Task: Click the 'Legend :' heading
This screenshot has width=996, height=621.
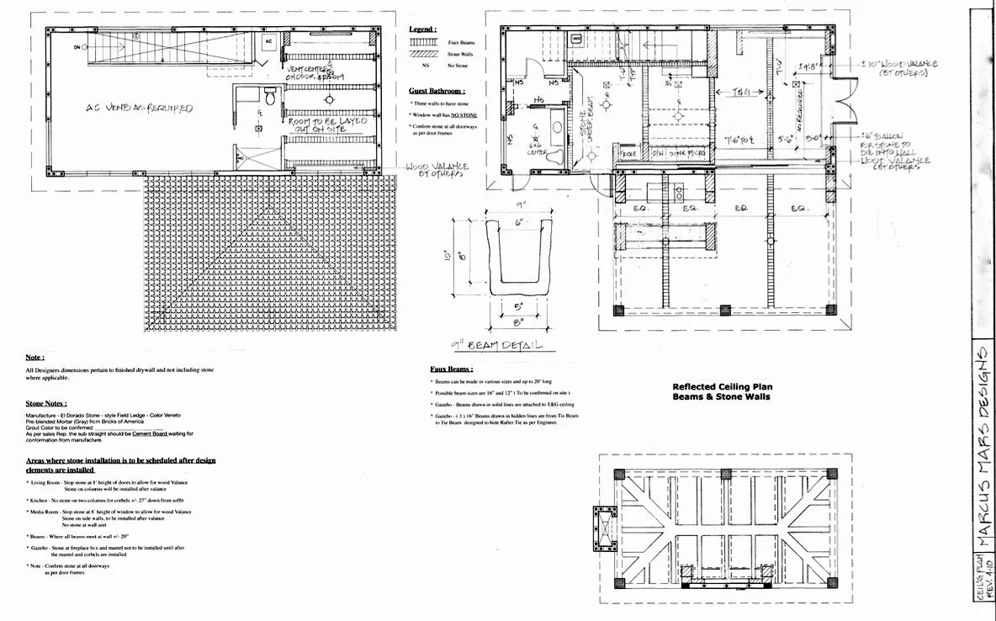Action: (x=421, y=29)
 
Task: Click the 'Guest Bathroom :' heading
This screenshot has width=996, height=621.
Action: (x=437, y=90)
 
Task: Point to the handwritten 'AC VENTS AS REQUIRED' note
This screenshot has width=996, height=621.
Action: (x=140, y=109)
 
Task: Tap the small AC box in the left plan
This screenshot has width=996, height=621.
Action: (x=269, y=41)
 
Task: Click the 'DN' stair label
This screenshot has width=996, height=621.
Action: (x=76, y=47)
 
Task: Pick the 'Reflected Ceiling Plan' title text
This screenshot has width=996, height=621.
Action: (x=721, y=386)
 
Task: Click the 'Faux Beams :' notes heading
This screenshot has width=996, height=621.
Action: (x=451, y=369)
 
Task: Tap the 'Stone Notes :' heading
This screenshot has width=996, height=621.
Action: (x=47, y=404)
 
